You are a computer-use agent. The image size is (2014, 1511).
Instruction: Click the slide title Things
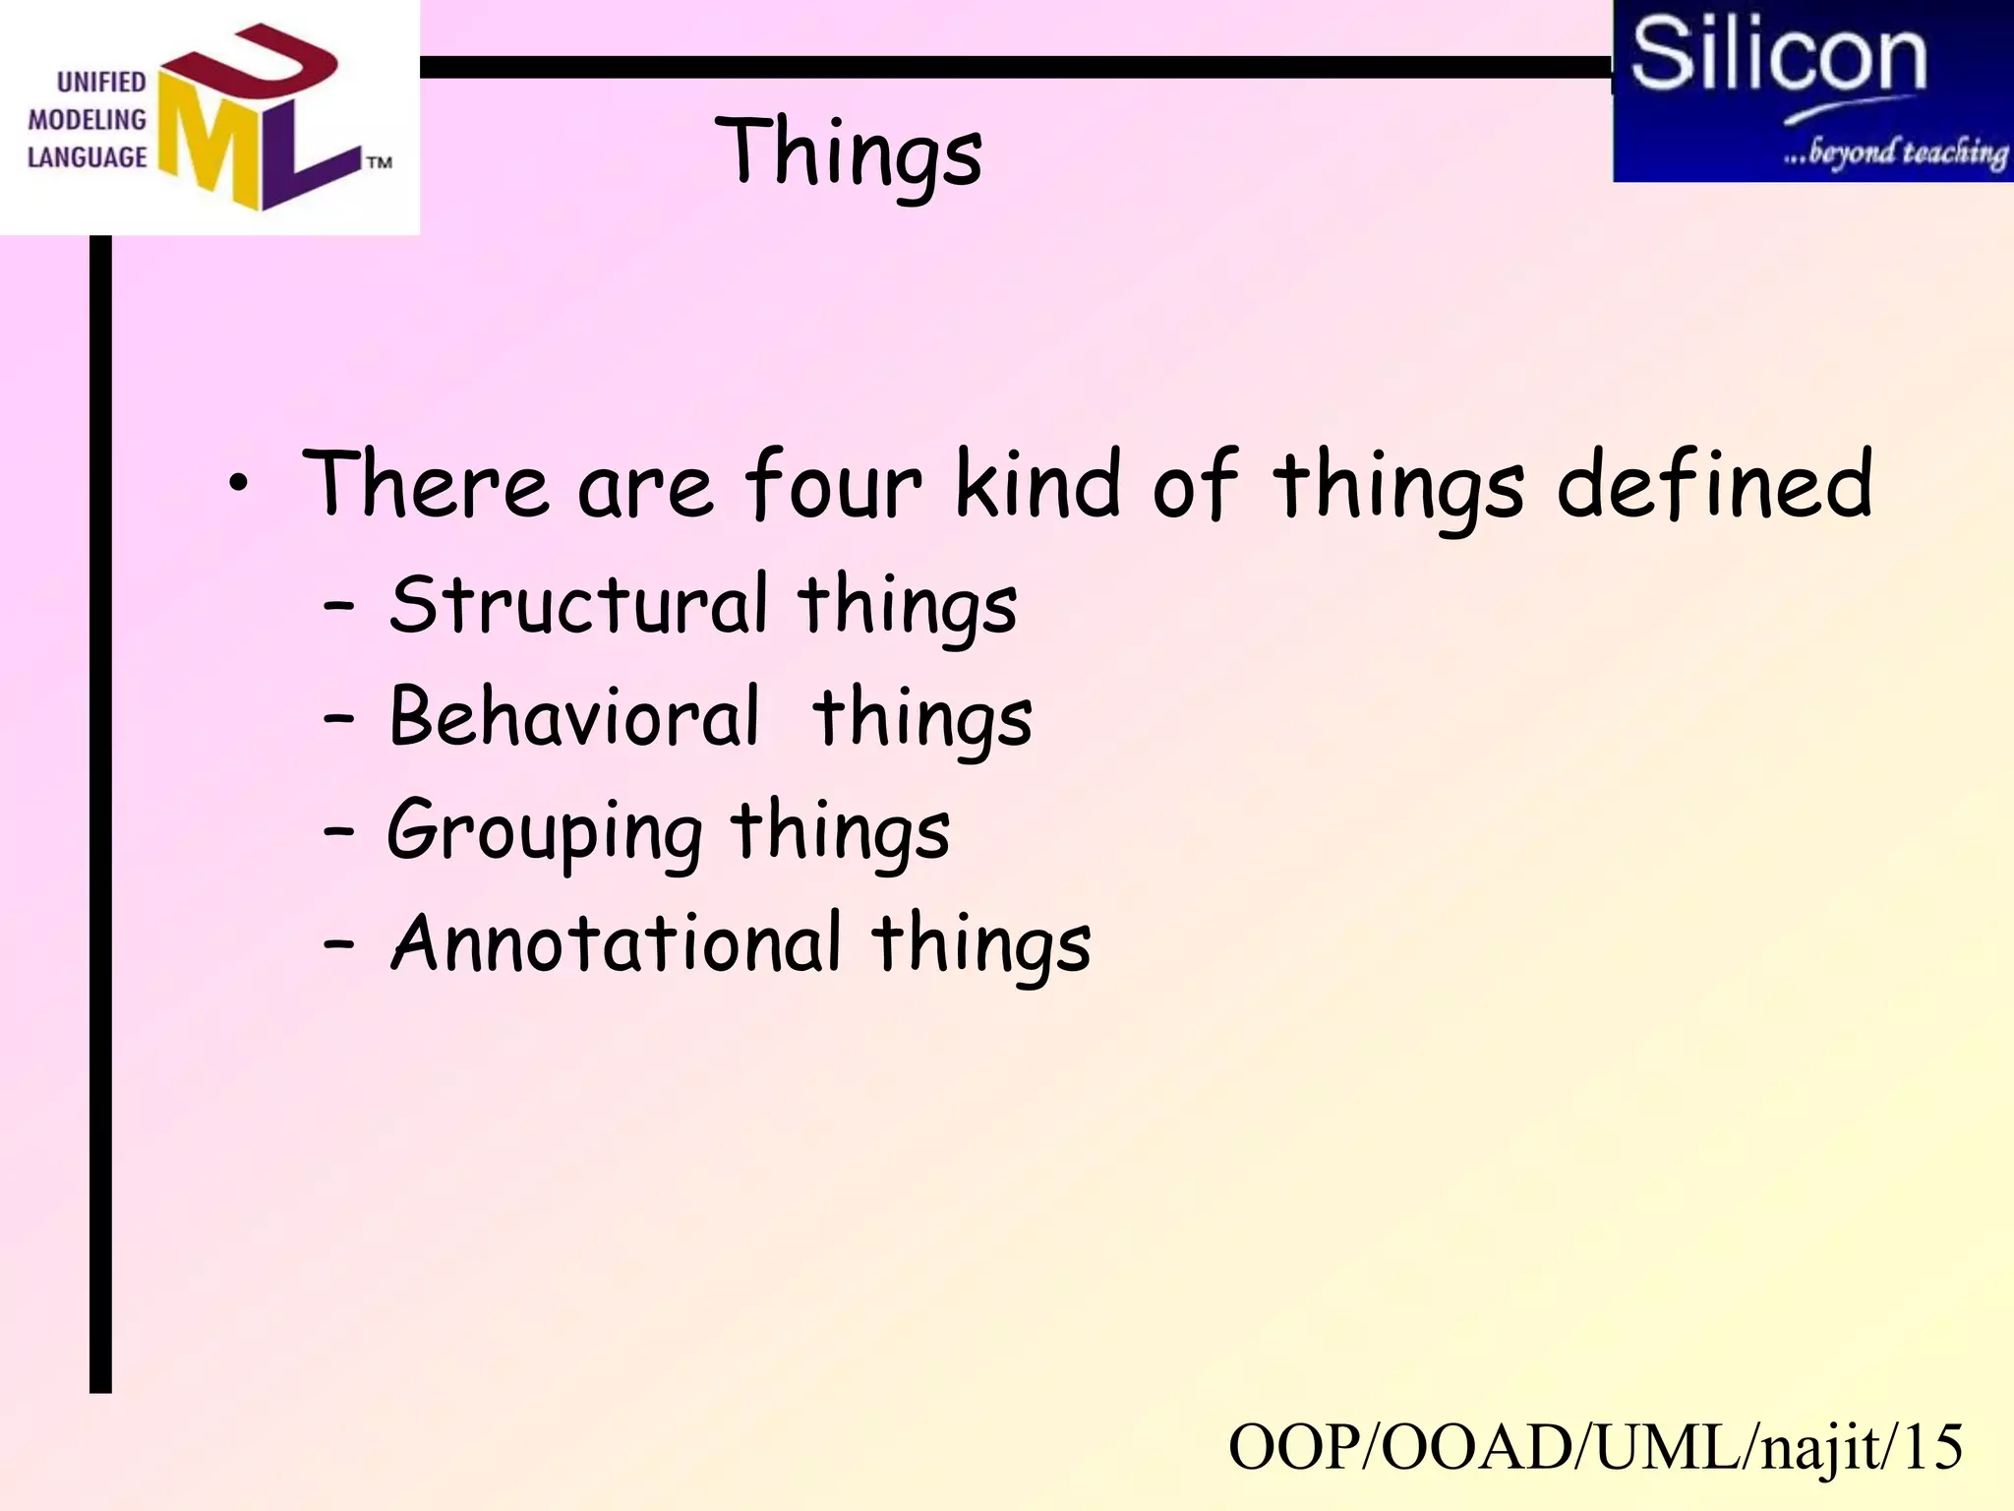[x=848, y=152]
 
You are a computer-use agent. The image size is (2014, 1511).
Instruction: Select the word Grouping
[x=544, y=832]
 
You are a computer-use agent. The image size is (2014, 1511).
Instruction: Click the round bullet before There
[x=238, y=483]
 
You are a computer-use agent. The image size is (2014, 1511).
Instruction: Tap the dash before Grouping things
[x=338, y=831]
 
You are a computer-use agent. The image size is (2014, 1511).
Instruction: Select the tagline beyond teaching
[x=1895, y=152]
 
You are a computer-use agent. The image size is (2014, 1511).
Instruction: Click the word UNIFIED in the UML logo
[x=101, y=82]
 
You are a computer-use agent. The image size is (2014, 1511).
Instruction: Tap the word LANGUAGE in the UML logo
[x=87, y=157]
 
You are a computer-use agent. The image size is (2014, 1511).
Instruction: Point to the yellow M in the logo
[x=209, y=143]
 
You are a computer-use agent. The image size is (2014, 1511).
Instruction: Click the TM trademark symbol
[x=380, y=162]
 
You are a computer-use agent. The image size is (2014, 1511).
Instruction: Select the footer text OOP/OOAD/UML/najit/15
[x=1595, y=1447]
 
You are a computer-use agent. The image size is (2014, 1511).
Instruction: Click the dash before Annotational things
[x=338, y=944]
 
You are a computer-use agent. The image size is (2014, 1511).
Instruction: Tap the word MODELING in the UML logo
[x=87, y=120]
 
